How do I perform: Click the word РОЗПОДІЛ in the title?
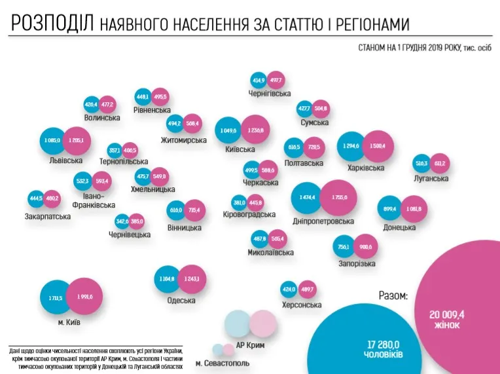[53, 24]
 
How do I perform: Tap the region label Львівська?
[65, 159]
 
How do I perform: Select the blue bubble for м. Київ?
[55, 298]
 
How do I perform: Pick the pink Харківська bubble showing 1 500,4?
[378, 145]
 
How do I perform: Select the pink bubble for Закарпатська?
[52, 198]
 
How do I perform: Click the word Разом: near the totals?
[393, 295]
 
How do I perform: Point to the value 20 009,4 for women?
[447, 314]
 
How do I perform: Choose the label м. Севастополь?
[222, 362]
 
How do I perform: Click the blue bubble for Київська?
[228, 130]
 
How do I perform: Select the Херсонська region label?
[301, 305]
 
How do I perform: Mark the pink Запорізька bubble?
[365, 247]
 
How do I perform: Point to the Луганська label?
[431, 179]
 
